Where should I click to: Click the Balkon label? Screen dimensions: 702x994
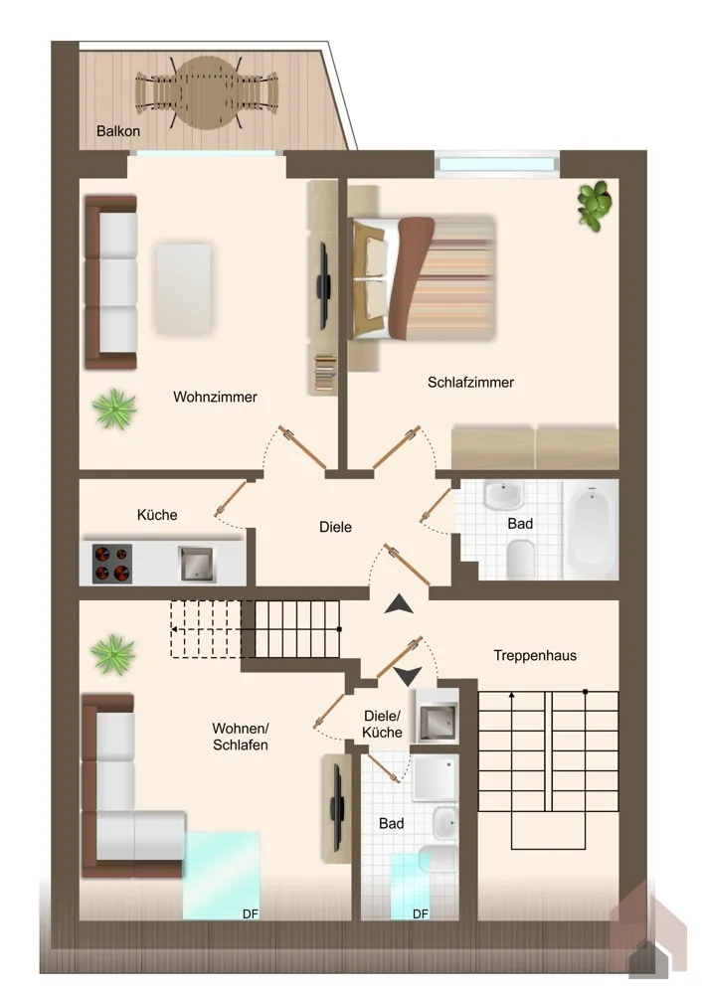point(118,131)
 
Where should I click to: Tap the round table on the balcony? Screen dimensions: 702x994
point(207,92)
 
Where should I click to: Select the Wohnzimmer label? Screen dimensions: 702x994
point(215,397)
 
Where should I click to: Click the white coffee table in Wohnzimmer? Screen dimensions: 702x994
point(183,288)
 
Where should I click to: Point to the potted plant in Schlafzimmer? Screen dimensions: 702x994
point(595,205)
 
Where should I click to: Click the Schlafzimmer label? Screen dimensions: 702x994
point(470,383)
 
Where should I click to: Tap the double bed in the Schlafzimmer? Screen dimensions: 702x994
point(424,278)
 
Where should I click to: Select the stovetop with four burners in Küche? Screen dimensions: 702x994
point(112,564)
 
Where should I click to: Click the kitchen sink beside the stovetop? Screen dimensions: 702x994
point(197,564)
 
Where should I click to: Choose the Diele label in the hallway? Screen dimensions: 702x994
point(335,527)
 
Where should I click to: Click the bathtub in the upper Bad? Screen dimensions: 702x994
point(591,529)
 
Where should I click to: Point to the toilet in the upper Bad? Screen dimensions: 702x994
point(521,559)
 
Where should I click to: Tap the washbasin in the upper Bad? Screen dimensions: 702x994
point(503,494)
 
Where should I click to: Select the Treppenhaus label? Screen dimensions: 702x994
point(535,655)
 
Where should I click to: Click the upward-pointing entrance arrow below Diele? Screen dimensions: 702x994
point(399,604)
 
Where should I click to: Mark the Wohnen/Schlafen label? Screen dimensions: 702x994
point(241,736)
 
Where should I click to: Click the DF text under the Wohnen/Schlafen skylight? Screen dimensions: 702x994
point(251,914)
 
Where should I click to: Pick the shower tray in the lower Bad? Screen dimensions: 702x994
point(436,778)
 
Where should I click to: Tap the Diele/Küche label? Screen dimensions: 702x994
point(383,724)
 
